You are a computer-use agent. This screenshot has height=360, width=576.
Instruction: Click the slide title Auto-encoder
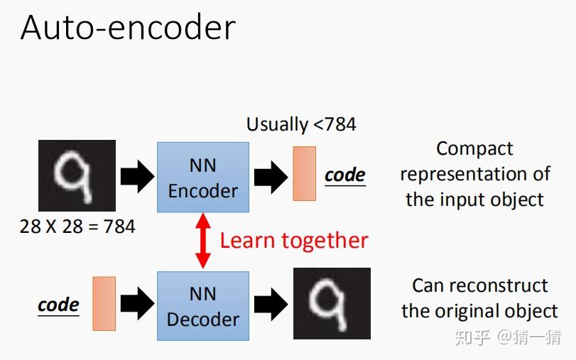tap(128, 28)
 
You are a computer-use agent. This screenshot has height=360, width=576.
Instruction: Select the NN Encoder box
tap(203, 177)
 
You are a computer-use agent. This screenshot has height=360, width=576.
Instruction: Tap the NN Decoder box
tap(203, 306)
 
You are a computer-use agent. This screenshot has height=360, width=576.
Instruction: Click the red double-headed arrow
tap(203, 241)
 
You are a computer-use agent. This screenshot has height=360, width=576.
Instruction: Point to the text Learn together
tap(294, 241)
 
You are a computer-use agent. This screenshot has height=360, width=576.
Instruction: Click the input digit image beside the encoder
tap(77, 175)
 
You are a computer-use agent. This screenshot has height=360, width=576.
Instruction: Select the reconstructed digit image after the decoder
tap(332, 303)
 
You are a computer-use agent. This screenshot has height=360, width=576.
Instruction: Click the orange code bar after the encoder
tap(304, 173)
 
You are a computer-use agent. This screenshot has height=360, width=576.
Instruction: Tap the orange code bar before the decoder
tap(104, 304)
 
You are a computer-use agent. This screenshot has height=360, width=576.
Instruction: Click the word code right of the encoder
tap(345, 175)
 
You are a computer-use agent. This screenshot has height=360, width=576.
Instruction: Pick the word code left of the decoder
tap(58, 305)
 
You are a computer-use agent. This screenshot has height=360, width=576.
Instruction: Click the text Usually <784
tap(301, 124)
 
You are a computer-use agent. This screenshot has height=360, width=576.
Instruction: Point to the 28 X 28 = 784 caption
tap(77, 227)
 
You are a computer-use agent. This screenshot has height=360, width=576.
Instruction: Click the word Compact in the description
tap(474, 148)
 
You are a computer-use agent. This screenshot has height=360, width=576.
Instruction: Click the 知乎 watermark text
tap(472, 337)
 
